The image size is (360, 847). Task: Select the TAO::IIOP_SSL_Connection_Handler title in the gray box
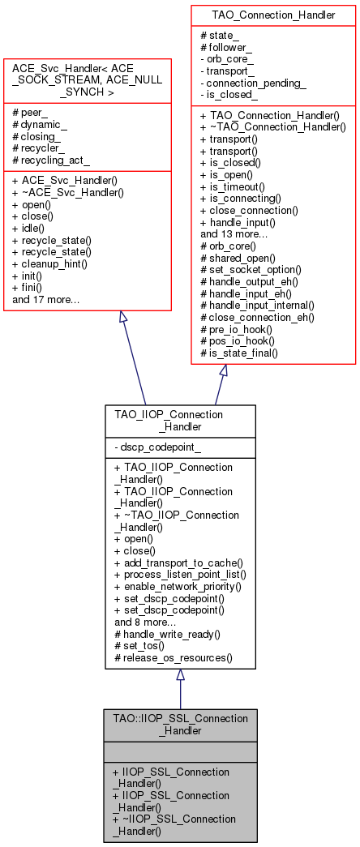click(x=180, y=725)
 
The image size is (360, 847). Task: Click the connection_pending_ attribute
click(x=255, y=83)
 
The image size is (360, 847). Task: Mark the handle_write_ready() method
click(x=167, y=634)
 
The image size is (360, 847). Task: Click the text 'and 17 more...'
click(x=46, y=300)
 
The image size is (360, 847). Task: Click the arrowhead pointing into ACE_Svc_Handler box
click(x=123, y=318)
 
